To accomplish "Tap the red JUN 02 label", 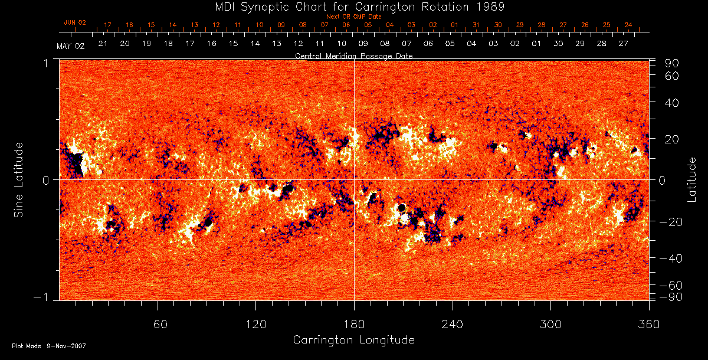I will [x=74, y=22].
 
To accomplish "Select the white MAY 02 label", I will [x=71, y=46].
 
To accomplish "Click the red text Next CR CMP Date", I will [x=353, y=17].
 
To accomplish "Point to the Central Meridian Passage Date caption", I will [x=353, y=55].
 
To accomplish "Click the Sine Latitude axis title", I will [x=19, y=179].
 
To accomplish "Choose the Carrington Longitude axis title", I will [x=353, y=340].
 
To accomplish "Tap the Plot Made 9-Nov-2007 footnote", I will [x=49, y=346].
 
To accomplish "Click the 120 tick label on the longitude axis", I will [x=255, y=324].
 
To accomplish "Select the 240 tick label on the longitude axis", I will [x=453, y=324].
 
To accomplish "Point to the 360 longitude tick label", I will [x=649, y=324].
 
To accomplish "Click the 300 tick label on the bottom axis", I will [x=550, y=324].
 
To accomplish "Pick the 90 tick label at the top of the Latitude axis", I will [x=674, y=63].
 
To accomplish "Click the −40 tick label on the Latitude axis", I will [x=671, y=258].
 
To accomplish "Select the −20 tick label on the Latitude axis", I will [x=671, y=221].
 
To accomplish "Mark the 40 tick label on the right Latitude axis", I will [x=674, y=103].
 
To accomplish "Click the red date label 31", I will [x=476, y=25].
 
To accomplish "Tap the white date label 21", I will [x=103, y=44].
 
